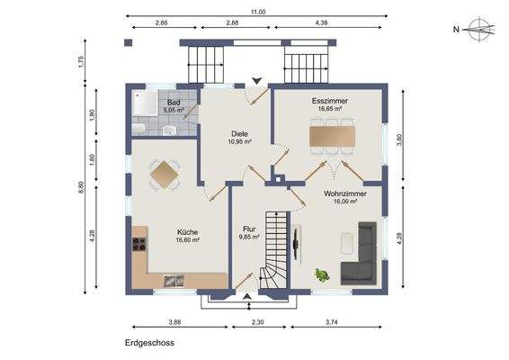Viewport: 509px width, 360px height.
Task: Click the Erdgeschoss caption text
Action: (149, 343)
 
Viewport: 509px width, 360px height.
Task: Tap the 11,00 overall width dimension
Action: (258, 12)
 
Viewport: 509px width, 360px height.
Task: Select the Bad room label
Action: (174, 103)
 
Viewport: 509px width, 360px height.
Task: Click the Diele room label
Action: (239, 134)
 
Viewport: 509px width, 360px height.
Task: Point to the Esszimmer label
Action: (329, 101)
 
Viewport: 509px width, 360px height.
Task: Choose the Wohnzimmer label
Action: (345, 193)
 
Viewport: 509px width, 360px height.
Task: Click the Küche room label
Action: (187, 232)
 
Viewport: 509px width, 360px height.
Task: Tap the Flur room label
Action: (249, 229)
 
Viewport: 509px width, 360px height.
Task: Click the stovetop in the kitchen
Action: (139, 244)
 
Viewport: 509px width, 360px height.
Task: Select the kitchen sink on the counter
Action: (174, 281)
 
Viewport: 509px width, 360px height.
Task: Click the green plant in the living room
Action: (322, 274)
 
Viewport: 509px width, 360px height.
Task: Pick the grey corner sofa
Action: (359, 254)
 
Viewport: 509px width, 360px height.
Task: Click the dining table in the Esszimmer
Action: (333, 137)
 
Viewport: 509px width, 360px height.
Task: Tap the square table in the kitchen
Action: (165, 175)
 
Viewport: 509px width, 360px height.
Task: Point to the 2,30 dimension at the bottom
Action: (258, 322)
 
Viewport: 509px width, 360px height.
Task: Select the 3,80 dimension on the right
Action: (400, 140)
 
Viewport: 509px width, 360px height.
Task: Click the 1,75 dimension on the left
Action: (81, 62)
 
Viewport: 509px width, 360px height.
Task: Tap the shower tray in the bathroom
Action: (145, 103)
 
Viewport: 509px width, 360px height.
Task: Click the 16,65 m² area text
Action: (329, 109)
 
